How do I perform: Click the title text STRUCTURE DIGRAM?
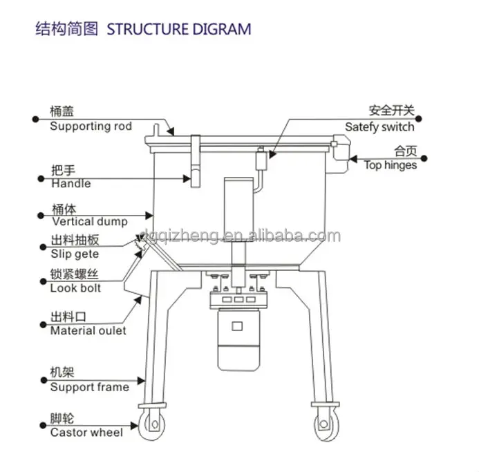click(x=178, y=29)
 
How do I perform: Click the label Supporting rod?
click(x=91, y=126)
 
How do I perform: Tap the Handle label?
click(x=71, y=184)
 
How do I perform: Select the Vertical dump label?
click(x=89, y=222)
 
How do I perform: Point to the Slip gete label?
click(x=75, y=254)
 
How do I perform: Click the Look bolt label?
click(x=75, y=287)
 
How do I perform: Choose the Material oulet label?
click(x=88, y=330)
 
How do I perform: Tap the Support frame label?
click(x=89, y=387)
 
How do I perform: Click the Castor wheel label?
click(x=86, y=433)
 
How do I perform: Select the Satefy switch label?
click(x=379, y=127)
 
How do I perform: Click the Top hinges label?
click(x=391, y=165)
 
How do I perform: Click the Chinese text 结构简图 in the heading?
click(x=67, y=29)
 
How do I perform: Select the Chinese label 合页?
click(x=404, y=151)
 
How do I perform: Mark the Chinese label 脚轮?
click(x=62, y=418)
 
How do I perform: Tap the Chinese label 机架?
click(x=62, y=372)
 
